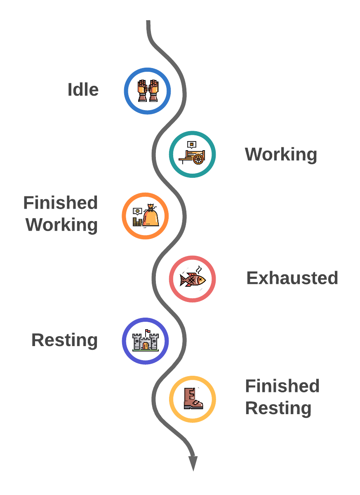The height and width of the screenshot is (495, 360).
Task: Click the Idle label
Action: (x=83, y=90)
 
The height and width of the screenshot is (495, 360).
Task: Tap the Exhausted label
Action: (x=292, y=278)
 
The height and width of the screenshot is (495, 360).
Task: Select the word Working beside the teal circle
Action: (x=281, y=154)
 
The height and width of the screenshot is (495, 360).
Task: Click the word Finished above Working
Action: (x=61, y=203)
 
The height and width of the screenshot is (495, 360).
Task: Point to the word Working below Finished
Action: (x=61, y=225)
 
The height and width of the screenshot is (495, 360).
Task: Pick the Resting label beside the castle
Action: (x=64, y=340)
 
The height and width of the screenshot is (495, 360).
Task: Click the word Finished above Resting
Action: (x=282, y=386)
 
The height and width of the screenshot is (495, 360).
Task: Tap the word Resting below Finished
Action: (x=278, y=408)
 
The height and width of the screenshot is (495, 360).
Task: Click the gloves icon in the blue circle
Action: (x=148, y=91)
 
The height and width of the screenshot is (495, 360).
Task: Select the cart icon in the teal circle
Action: (x=192, y=153)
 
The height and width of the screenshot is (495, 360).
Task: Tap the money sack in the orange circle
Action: (x=151, y=215)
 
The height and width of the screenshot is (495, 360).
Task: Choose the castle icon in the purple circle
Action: (x=146, y=340)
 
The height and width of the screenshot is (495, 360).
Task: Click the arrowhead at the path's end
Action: (x=193, y=463)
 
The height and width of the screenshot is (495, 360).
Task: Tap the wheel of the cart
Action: (x=198, y=159)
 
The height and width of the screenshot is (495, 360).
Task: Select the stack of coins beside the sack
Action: (x=137, y=222)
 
